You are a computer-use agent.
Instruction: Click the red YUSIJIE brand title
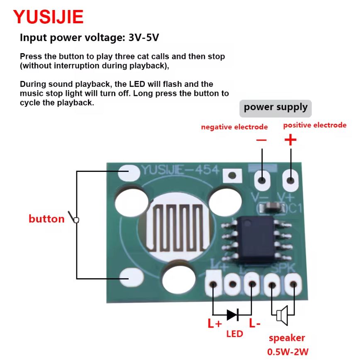click(48, 17)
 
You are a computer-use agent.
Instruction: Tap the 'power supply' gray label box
click(276, 108)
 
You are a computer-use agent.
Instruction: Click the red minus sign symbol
click(261, 140)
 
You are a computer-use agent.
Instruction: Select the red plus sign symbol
click(290, 140)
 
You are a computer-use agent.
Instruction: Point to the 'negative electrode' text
click(234, 127)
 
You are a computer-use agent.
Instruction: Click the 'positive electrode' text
click(315, 125)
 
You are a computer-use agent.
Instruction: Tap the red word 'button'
click(46, 219)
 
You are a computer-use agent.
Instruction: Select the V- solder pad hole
click(262, 180)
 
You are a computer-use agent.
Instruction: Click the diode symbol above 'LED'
click(232, 315)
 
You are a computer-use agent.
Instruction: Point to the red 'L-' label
click(255, 323)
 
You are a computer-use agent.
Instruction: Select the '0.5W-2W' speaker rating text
click(288, 352)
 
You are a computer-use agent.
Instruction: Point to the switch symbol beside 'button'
click(75, 218)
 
